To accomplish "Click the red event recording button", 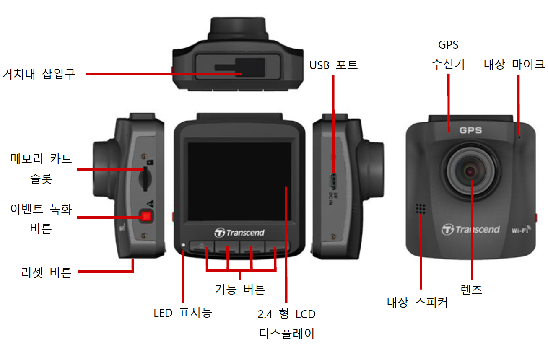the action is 146,216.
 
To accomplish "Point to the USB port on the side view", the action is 333,181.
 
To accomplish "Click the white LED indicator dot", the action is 183,245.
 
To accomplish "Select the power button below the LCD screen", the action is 202,246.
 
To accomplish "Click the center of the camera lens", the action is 470,172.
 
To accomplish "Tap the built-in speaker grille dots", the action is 421,209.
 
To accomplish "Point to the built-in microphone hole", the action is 519,137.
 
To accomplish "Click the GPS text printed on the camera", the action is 470,130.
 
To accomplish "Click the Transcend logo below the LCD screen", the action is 239,233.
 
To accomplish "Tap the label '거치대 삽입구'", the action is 39,74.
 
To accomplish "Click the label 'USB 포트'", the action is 333,65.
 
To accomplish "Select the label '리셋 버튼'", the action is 46,272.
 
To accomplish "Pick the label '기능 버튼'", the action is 240,289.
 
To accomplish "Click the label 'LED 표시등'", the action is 183,313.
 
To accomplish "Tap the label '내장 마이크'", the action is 514,65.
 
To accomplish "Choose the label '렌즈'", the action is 471,290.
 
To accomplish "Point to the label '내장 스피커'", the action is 417,302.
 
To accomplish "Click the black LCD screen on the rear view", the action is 239,182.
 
